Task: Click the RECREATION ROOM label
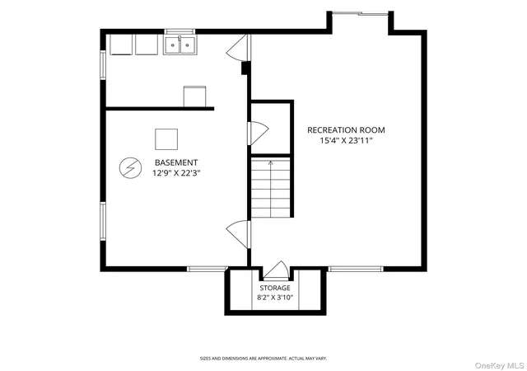click(346, 130)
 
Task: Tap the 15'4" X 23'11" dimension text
click(346, 141)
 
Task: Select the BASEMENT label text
click(176, 162)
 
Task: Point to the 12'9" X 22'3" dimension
click(176, 173)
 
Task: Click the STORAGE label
click(275, 289)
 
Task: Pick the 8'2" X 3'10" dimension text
click(275, 298)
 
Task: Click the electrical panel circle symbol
click(130, 167)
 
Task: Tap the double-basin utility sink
click(180, 45)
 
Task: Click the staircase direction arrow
click(271, 189)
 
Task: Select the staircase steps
click(271, 188)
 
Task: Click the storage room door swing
click(276, 270)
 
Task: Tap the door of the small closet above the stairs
click(258, 133)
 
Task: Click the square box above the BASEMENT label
click(166, 139)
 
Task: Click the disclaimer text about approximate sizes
click(263, 359)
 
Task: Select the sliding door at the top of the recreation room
click(361, 13)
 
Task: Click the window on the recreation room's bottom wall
click(356, 269)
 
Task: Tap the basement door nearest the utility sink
click(238, 48)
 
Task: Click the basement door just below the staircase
click(238, 234)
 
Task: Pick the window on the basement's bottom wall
click(208, 269)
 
